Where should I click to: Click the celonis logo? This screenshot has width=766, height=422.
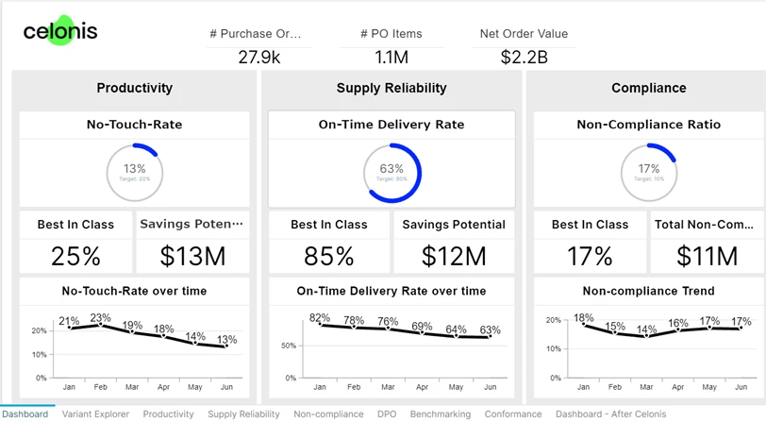click(x=59, y=32)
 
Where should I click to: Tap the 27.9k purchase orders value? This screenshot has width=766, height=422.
click(x=258, y=58)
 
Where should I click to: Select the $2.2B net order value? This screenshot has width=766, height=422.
click(x=524, y=58)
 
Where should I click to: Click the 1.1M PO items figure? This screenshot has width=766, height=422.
click(x=391, y=58)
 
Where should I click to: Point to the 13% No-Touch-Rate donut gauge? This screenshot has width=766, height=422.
click(x=135, y=172)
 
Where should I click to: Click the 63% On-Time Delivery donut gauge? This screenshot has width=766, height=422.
click(x=391, y=172)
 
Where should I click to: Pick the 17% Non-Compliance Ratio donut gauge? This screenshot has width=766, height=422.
click(x=648, y=172)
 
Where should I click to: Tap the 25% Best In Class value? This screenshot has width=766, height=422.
click(x=75, y=256)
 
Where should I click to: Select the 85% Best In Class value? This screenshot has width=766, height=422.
click(x=328, y=256)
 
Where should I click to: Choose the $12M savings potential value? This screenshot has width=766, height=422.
click(x=454, y=256)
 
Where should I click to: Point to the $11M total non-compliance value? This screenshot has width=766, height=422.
click(x=707, y=256)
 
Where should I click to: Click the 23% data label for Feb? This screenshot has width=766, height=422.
click(x=100, y=317)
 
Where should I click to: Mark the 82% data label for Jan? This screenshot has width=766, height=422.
click(x=320, y=317)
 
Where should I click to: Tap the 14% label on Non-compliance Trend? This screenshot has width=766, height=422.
click(x=645, y=330)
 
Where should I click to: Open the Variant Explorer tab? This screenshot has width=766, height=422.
click(x=95, y=414)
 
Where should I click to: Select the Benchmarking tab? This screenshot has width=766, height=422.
click(x=441, y=414)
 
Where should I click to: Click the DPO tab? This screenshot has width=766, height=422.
click(x=387, y=414)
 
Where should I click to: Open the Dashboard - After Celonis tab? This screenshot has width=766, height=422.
click(x=610, y=414)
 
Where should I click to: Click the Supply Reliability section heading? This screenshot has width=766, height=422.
click(x=391, y=88)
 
